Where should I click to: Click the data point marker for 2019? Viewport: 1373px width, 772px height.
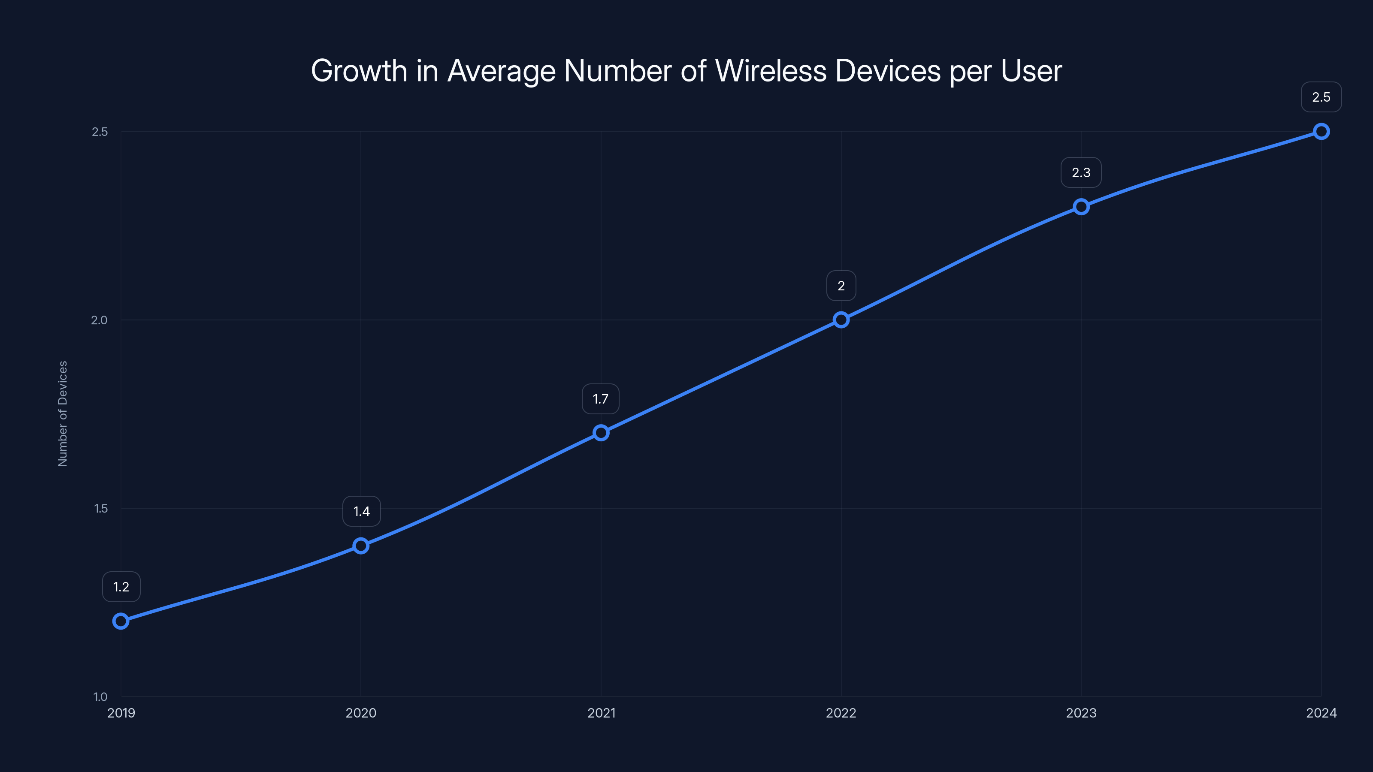point(121,621)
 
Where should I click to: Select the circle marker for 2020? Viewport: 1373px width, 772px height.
point(361,546)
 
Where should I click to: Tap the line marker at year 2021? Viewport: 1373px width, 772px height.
point(601,433)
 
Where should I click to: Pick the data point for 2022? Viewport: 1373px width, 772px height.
point(841,320)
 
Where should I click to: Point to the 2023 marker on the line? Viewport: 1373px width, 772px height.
point(1081,207)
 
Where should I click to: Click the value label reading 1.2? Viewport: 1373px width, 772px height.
point(121,587)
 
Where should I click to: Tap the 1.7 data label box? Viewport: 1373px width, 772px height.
point(601,398)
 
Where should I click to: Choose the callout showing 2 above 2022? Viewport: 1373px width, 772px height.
point(841,286)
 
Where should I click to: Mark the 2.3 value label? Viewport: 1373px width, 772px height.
point(1081,172)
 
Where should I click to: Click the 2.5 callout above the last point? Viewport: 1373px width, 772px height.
point(1321,97)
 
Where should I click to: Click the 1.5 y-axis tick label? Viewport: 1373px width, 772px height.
point(101,508)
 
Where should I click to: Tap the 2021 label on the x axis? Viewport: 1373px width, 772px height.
point(601,713)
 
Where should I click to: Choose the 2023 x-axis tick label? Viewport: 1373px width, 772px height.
point(1081,713)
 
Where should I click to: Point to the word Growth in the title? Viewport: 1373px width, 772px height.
point(359,71)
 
